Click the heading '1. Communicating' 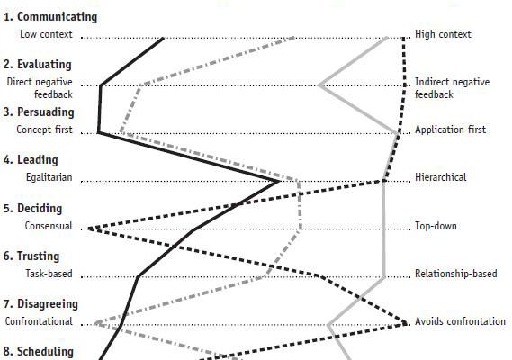click(50, 17)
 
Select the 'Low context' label click(46, 34)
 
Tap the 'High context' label click(443, 34)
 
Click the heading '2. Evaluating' click(37, 65)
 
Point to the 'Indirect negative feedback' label click(452, 88)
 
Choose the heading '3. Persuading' click(39, 112)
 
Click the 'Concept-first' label click(44, 130)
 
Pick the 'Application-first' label click(450, 130)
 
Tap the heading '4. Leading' click(31, 160)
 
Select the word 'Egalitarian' click(49, 177)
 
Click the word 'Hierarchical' click(441, 177)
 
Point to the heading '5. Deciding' click(32, 209)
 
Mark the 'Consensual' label click(49, 226)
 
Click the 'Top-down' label click(436, 226)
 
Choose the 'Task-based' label click(49, 274)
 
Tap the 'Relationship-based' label click(456, 274)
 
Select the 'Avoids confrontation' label click(460, 321)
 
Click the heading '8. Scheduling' click(39, 352)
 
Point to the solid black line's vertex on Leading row click(280, 181)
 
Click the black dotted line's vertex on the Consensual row click(89, 229)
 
